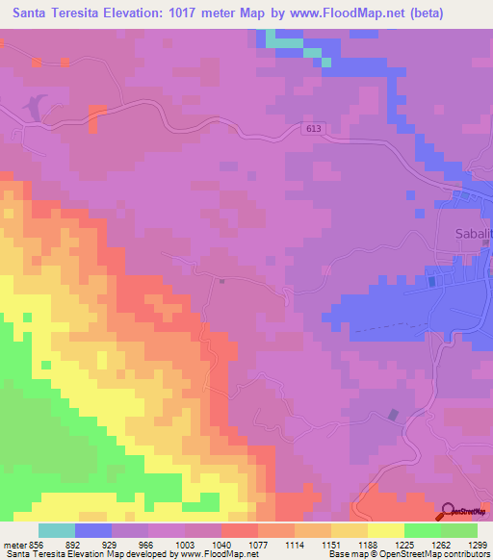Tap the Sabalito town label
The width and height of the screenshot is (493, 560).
473,234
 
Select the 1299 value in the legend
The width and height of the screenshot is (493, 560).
477,544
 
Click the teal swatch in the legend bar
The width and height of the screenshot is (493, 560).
57,530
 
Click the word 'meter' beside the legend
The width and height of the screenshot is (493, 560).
14,544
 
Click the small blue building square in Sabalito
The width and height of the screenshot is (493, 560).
431,280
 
